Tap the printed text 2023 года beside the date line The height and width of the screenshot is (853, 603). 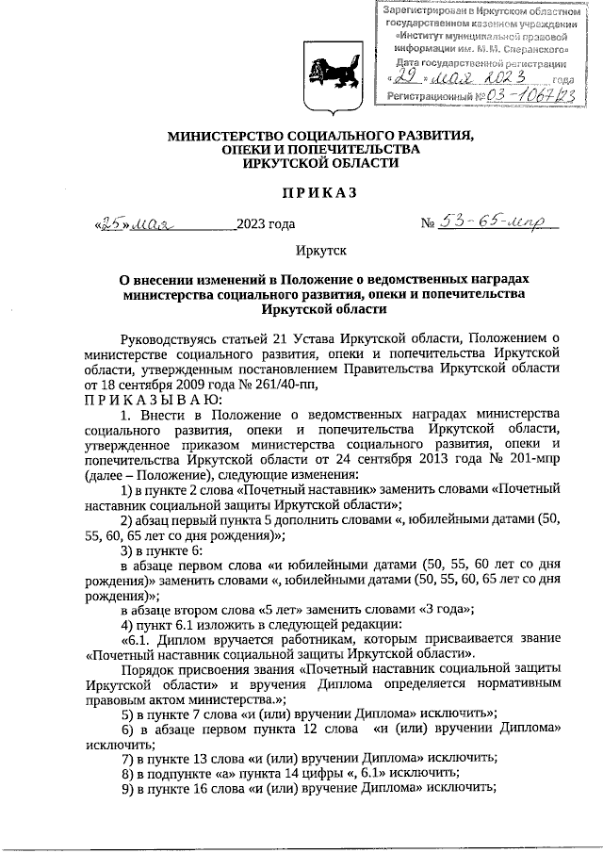click(266, 224)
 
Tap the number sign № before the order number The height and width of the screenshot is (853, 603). click(428, 224)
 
